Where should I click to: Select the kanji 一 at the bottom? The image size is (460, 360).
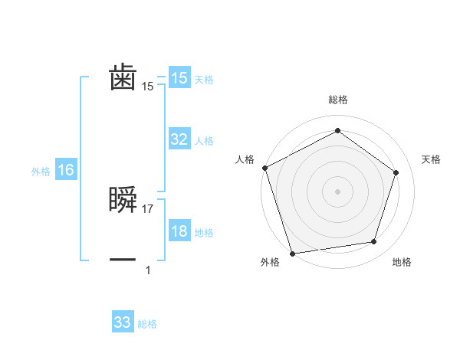pyautogui.click(x=123, y=260)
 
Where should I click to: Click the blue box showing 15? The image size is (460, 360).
pyautogui.click(x=179, y=78)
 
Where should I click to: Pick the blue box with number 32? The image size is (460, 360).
pyautogui.click(x=179, y=139)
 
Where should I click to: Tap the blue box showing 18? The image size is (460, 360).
pyautogui.click(x=179, y=232)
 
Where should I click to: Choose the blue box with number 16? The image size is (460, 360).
pyautogui.click(x=66, y=170)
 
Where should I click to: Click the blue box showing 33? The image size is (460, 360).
pyautogui.click(x=123, y=322)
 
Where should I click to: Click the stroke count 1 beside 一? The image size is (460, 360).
pyautogui.click(x=148, y=270)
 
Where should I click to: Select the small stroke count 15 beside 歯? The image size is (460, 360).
pyautogui.click(x=148, y=87)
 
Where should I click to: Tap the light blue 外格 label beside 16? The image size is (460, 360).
pyautogui.click(x=41, y=172)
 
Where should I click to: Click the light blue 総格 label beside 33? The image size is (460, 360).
pyautogui.click(x=147, y=324)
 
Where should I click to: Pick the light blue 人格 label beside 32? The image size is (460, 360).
pyautogui.click(x=204, y=141)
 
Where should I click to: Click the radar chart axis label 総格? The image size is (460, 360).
pyautogui.click(x=337, y=100)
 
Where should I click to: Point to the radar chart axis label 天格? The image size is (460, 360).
pyautogui.click(x=431, y=159)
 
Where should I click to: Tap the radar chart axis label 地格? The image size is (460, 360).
pyautogui.click(x=402, y=263)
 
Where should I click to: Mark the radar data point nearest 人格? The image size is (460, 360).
pyautogui.click(x=264, y=168)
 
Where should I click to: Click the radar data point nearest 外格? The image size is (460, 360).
pyautogui.click(x=292, y=253)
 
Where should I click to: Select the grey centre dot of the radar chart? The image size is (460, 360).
pyautogui.click(x=337, y=191)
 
